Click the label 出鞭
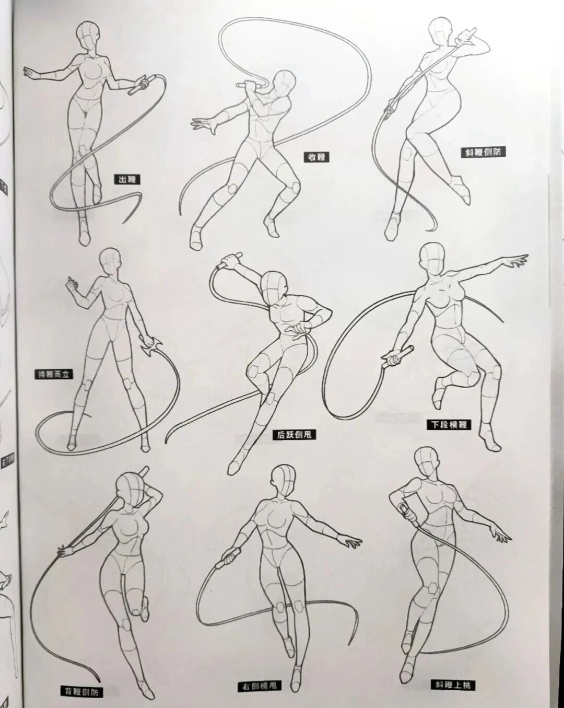coord(127,180)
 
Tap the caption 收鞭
coord(316,156)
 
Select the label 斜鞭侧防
coord(485,153)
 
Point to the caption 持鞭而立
coord(53,374)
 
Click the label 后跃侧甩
coord(295,434)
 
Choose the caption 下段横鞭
coord(449,424)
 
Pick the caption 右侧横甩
coord(258,686)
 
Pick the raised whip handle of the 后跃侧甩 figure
coord(229,260)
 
